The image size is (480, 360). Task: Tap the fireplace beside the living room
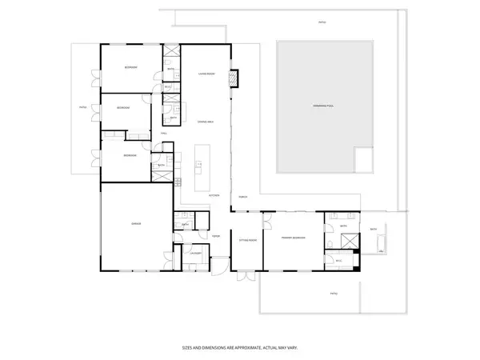click(234, 78)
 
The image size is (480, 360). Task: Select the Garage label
click(136, 224)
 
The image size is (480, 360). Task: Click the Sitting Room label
click(247, 239)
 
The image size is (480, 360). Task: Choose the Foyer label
click(215, 236)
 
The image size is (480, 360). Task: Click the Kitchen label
click(214, 194)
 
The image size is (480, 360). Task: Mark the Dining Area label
click(206, 121)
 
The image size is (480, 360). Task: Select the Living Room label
click(206, 74)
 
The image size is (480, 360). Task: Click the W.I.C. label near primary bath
click(338, 260)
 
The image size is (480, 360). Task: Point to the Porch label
click(242, 196)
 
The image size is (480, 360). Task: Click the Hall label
click(164, 133)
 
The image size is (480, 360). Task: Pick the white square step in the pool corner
click(364, 159)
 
